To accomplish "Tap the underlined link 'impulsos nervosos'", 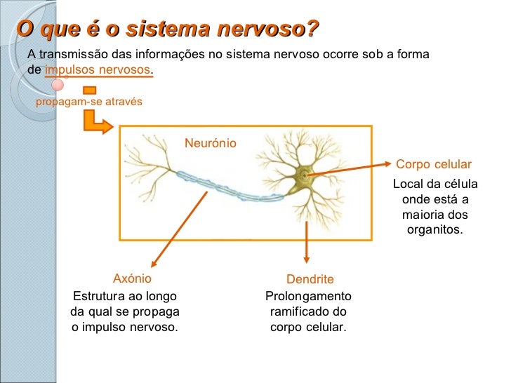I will coord(98,70).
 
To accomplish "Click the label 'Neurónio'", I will coord(211,143).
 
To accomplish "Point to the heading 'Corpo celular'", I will coord(434,164).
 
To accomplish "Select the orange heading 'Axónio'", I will coord(132,278).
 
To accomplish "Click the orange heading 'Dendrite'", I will coord(310,279).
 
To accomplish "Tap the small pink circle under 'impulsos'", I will coord(58,85).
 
